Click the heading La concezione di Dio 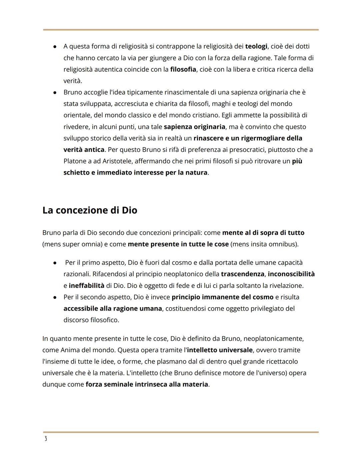(x=90, y=210)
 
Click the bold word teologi (x=256, y=46)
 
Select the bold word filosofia (x=183, y=69)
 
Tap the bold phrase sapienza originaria (x=194, y=127)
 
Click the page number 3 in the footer (x=46, y=439)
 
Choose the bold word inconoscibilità (x=291, y=274)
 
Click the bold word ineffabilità (x=86, y=286)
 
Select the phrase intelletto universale (x=220, y=350)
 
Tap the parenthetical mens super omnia (x=72, y=244)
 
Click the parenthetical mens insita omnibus (x=264, y=244)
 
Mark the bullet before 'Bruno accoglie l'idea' (x=55, y=92)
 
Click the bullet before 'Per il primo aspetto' (x=55, y=263)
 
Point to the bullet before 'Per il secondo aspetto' (x=55, y=297)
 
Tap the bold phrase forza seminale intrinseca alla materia (x=147, y=384)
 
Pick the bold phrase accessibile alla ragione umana (x=113, y=309)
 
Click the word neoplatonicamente (x=273, y=339)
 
